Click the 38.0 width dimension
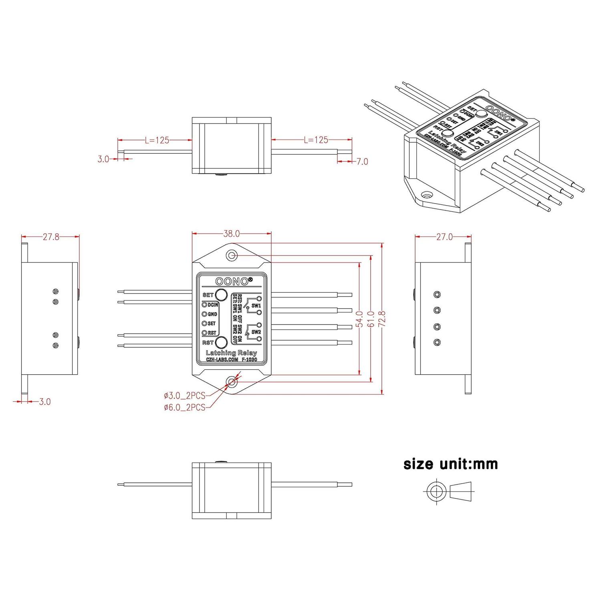(x=231, y=234)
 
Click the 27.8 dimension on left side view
(x=51, y=237)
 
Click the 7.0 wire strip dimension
(x=362, y=161)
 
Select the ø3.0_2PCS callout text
(x=184, y=396)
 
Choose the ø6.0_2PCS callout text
(x=184, y=407)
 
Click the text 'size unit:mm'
(x=451, y=464)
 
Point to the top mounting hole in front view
(x=232, y=255)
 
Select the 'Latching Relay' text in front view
(x=231, y=353)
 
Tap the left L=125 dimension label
(x=157, y=140)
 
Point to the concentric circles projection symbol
(x=434, y=490)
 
